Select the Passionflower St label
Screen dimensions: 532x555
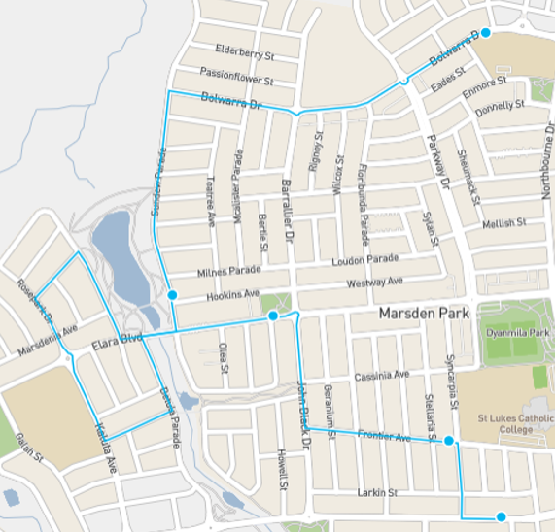click(x=236, y=74)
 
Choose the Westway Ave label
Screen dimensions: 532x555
click(x=374, y=283)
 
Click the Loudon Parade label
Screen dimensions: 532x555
click(x=366, y=259)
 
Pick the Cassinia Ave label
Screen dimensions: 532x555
click(x=382, y=376)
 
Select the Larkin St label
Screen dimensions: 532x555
click(x=378, y=493)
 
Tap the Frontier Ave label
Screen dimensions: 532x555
click(x=384, y=436)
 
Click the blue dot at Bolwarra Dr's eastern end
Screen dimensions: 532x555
click(x=485, y=33)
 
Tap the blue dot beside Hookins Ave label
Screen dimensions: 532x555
click(x=172, y=294)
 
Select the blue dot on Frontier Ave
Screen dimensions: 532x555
click(x=449, y=442)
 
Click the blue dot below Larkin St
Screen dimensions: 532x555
click(x=501, y=517)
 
